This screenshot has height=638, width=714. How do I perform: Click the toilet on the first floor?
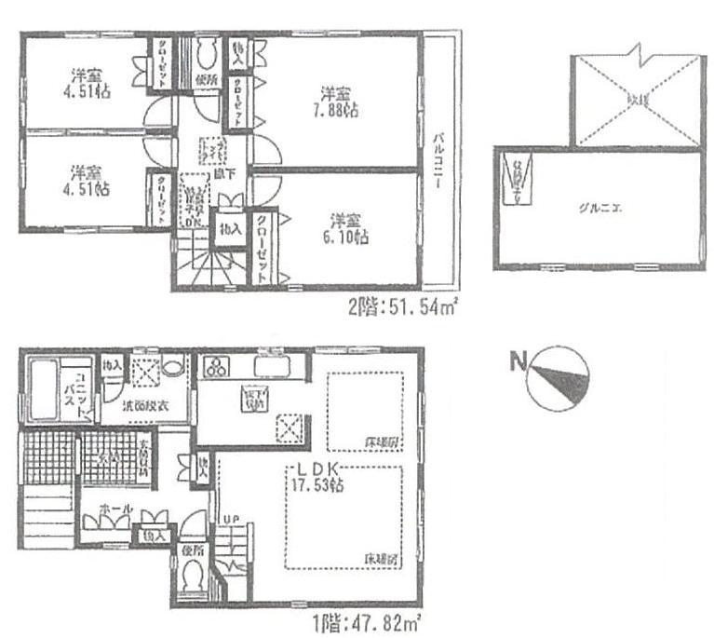(x=195, y=579)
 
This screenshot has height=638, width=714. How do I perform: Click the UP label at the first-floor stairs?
(x=226, y=521)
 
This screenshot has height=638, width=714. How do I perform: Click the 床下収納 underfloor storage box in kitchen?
(x=253, y=400)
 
